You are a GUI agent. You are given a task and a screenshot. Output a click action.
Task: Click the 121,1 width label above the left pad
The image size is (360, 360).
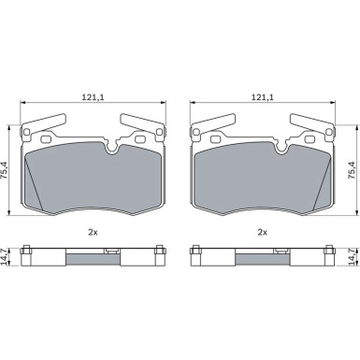click(93, 97)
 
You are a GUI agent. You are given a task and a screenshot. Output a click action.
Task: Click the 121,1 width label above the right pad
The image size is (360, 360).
click(263, 97)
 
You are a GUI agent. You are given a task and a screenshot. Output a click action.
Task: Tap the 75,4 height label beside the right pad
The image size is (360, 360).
click(352, 170)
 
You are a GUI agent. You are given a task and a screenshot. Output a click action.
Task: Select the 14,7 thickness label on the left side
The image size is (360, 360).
click(5, 257)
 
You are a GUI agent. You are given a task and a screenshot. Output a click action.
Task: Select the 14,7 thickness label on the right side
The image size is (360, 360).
click(352, 257)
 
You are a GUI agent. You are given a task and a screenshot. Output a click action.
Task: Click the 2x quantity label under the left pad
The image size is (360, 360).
click(93, 232)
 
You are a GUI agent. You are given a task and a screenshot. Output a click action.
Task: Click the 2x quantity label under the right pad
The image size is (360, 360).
click(263, 232)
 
